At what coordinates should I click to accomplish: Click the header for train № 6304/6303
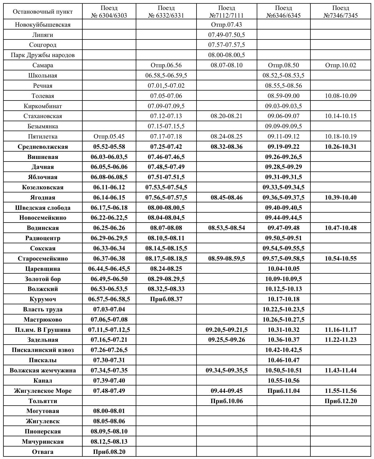(x=109, y=12)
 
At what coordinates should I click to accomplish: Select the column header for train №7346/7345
(x=340, y=12)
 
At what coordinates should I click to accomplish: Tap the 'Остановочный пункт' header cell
(x=43, y=12)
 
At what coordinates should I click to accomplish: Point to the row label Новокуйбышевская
(x=43, y=25)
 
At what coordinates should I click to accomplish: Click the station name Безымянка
(x=43, y=126)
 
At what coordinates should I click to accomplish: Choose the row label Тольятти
(x=43, y=401)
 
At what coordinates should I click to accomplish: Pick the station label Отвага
(x=43, y=452)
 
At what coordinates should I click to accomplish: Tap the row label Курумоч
(x=43, y=299)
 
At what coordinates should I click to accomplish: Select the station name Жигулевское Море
(x=43, y=391)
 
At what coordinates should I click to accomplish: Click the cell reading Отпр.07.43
(x=226, y=25)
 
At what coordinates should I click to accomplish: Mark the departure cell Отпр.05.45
(x=109, y=137)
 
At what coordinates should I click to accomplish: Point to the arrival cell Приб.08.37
(x=166, y=299)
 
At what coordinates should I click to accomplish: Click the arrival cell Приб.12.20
(x=340, y=401)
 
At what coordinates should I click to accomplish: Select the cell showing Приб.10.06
(x=226, y=401)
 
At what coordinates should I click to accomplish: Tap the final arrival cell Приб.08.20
(x=109, y=452)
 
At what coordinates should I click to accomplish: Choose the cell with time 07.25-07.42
(x=166, y=147)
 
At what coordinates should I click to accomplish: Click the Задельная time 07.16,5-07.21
(x=109, y=340)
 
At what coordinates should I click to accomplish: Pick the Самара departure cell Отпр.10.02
(x=340, y=65)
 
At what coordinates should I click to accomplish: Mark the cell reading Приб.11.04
(x=283, y=391)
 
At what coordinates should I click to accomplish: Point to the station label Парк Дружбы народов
(x=43, y=55)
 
